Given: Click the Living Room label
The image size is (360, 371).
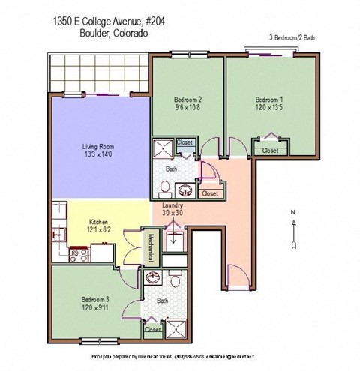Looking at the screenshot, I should [97, 147].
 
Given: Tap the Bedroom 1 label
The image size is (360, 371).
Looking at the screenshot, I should [269, 99].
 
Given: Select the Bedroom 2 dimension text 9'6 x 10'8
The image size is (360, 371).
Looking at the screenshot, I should [188, 107].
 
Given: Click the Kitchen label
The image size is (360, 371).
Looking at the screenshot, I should [100, 222].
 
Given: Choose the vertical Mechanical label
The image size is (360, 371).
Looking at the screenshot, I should [151, 247].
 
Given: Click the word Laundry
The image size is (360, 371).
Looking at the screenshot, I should [173, 205].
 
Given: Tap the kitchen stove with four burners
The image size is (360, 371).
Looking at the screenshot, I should [76, 255].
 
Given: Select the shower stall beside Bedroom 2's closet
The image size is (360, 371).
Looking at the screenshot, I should [163, 148].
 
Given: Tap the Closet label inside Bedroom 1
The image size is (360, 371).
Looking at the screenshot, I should [270, 151].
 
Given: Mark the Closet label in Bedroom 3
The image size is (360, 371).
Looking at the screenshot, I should [153, 329].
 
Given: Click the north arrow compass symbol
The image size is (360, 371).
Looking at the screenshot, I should [295, 230].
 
